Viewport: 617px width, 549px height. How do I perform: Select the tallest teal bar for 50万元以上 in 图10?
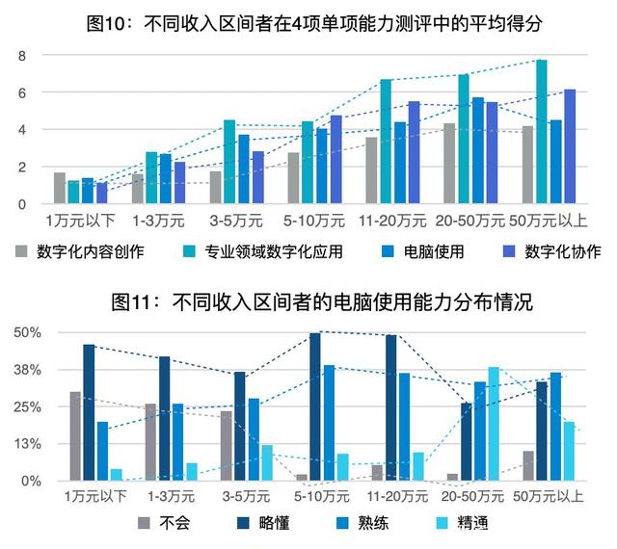tap(542, 132)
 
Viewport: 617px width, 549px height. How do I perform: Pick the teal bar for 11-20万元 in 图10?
tap(386, 142)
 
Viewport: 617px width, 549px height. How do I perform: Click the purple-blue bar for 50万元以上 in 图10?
tap(570, 146)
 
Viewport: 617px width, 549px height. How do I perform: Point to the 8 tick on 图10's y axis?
tap(21, 56)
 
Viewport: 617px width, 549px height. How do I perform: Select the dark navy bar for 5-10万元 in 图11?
tap(315, 406)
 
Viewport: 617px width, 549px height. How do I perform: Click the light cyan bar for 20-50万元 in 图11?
tap(495, 424)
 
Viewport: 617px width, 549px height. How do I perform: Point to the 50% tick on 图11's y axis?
tap(26, 332)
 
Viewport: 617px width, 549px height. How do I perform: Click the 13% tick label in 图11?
tap(26, 443)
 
